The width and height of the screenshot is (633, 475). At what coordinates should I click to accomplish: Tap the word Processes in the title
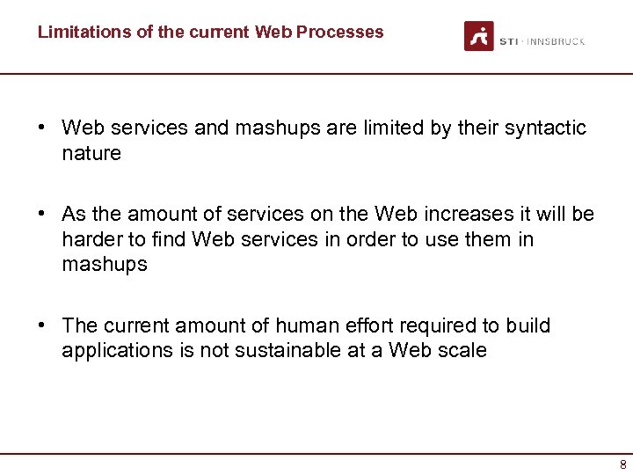tap(340, 33)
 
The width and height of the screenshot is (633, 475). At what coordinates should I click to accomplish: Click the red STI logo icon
tap(479, 36)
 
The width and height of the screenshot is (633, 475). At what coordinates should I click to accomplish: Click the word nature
tap(91, 154)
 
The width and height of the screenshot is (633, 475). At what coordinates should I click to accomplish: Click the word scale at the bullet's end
tap(462, 350)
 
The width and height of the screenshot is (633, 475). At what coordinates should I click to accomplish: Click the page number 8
tap(622, 464)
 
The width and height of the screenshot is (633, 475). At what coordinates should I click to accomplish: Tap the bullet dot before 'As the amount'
tap(42, 215)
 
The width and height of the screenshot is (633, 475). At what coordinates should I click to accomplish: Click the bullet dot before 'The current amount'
tap(42, 325)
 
